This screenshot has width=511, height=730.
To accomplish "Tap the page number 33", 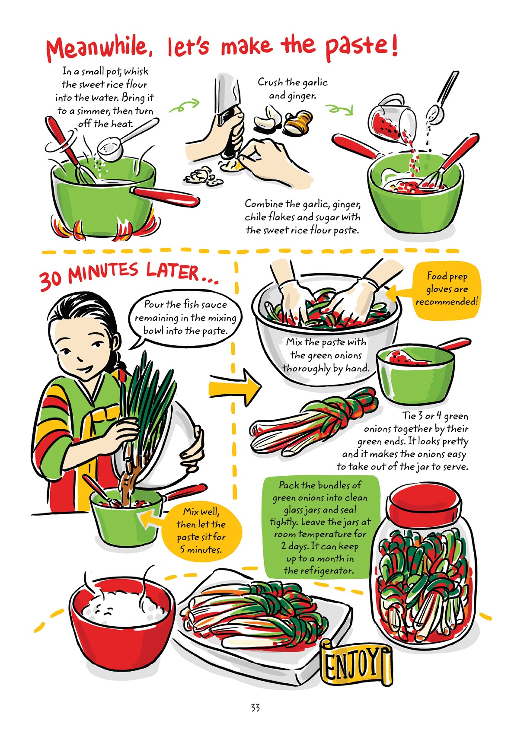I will (x=255, y=708).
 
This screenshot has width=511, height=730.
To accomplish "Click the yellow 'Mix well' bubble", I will (x=201, y=530).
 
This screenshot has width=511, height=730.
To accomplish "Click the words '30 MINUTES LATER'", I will (x=125, y=275).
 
